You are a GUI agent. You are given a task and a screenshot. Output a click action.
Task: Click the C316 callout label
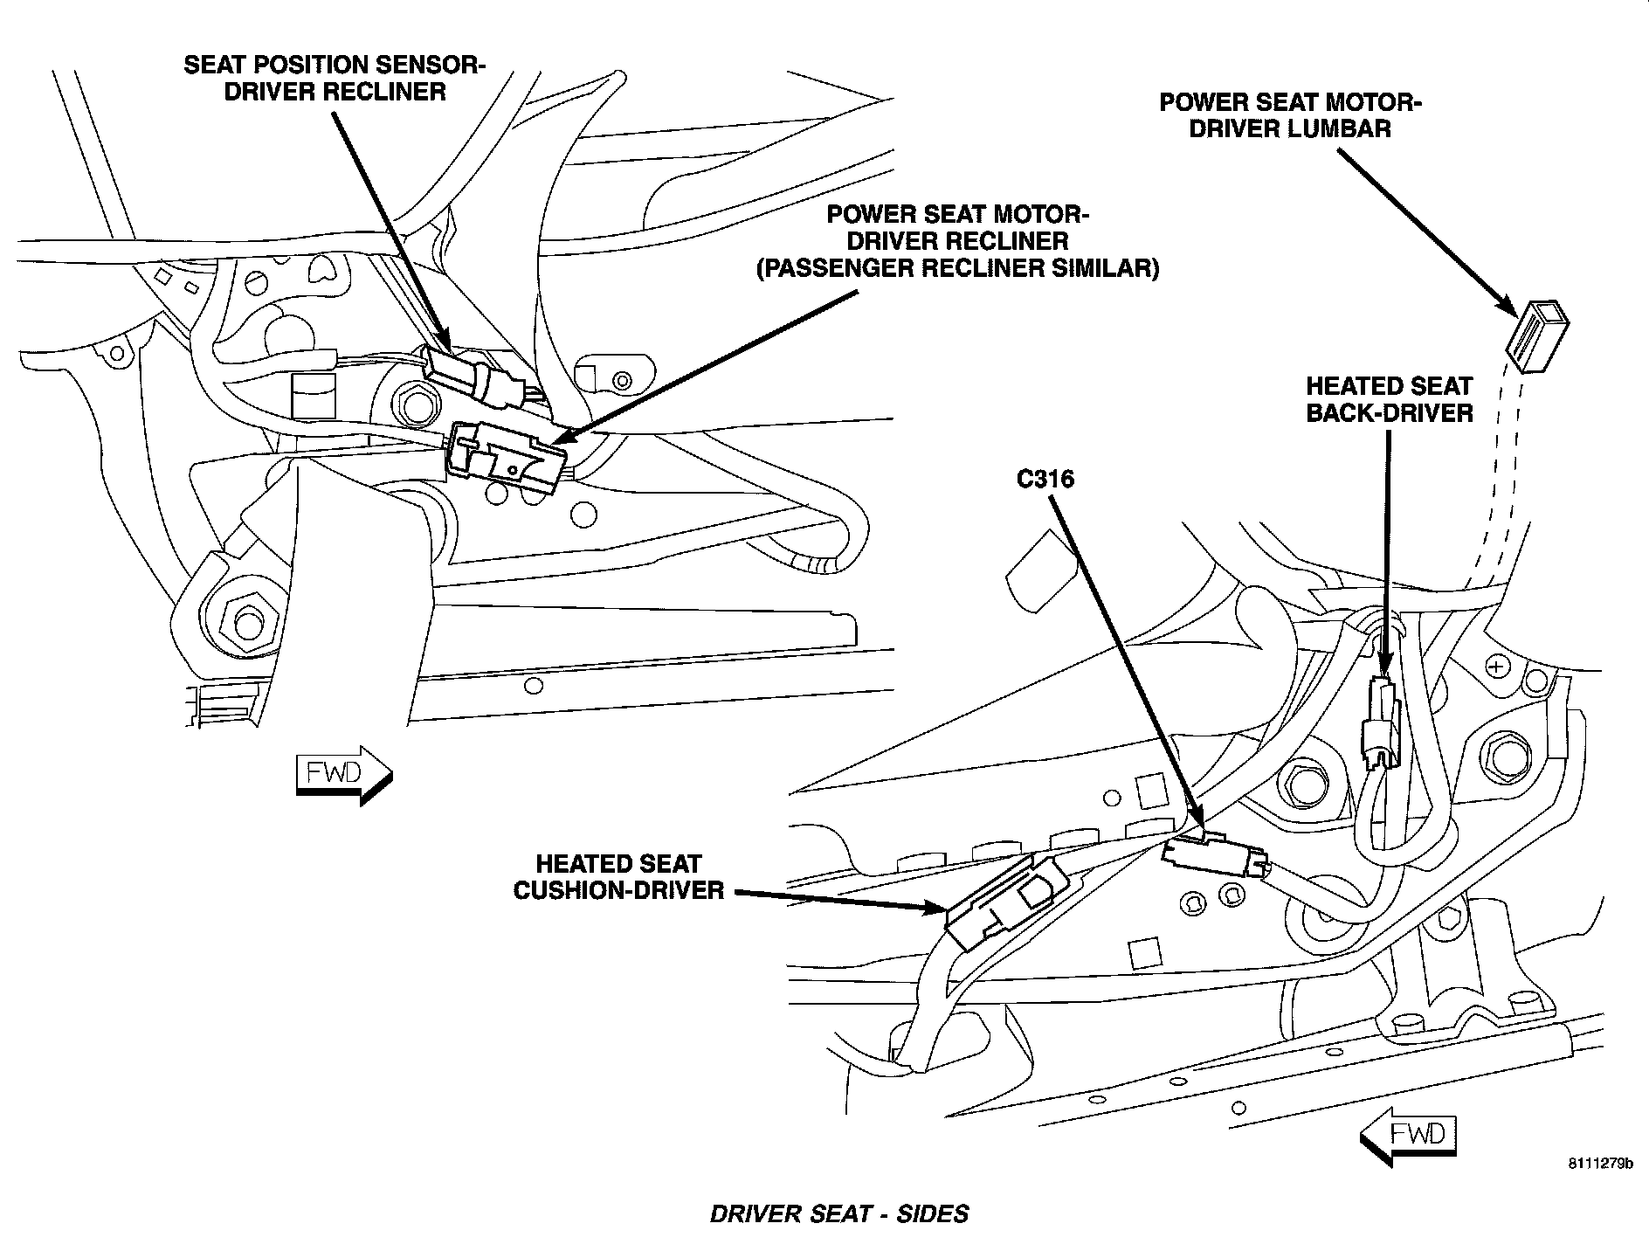click(x=1044, y=479)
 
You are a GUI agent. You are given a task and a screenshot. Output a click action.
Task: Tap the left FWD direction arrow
click(x=343, y=773)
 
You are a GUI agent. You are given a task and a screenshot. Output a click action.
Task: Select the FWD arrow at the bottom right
click(x=1408, y=1135)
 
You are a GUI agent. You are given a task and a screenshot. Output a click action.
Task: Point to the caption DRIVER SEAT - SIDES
click(x=838, y=1214)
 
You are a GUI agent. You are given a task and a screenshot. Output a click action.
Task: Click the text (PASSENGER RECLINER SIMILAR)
click(x=957, y=267)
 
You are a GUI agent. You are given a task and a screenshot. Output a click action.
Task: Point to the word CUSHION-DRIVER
click(x=618, y=890)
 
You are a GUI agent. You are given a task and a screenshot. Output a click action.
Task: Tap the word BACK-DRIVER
click(x=1390, y=412)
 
